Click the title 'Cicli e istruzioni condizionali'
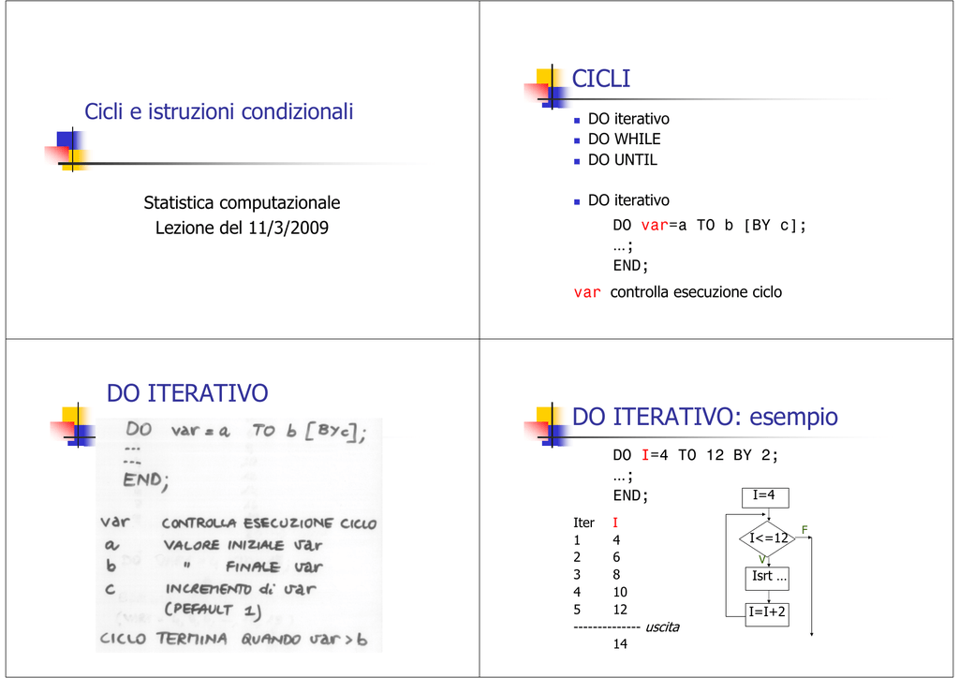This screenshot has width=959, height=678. (219, 111)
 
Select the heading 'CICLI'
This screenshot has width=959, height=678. (600, 79)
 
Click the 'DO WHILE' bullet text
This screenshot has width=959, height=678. (624, 140)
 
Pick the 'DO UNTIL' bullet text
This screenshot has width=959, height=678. (623, 159)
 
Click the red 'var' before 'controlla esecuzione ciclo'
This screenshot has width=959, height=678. (587, 293)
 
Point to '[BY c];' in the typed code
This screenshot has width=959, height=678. (775, 226)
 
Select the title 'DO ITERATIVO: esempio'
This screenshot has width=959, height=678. (704, 417)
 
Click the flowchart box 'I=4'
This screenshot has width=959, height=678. (765, 497)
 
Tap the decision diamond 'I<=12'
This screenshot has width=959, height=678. (768, 538)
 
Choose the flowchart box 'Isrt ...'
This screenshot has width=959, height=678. (767, 579)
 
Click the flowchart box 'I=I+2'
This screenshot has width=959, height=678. (767, 614)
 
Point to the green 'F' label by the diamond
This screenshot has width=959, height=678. (804, 529)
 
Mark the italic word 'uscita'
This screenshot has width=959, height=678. (662, 626)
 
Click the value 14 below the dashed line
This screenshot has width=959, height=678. (620, 643)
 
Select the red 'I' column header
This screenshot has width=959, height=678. (615, 523)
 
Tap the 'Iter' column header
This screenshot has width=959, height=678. (583, 523)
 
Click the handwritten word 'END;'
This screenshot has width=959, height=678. (145, 480)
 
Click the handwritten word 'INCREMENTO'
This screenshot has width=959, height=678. (209, 589)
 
